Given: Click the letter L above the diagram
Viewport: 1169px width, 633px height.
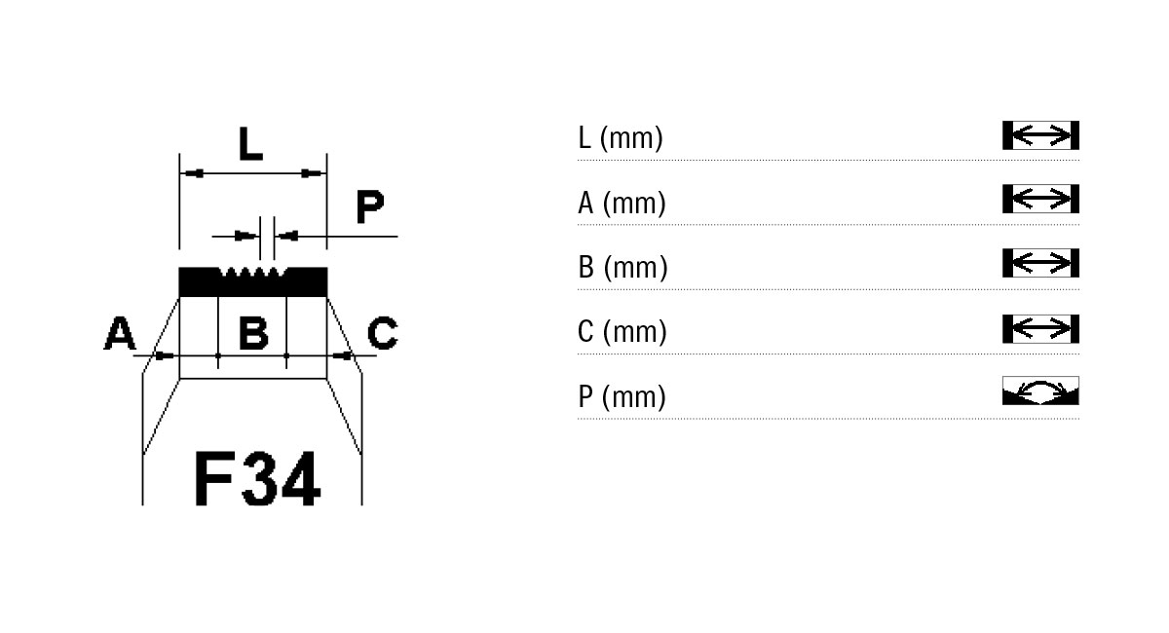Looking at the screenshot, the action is (250, 143).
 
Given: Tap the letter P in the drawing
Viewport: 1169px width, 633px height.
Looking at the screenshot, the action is (370, 206).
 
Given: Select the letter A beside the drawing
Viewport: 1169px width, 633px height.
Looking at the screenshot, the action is (120, 332).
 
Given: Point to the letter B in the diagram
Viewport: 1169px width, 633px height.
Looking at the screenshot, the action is (253, 332).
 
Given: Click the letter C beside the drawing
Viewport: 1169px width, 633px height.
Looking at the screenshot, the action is (383, 332).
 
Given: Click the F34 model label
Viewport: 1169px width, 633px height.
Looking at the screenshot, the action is (257, 478).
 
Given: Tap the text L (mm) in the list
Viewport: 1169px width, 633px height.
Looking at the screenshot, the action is (621, 138).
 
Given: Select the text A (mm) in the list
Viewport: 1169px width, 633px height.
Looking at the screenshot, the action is (622, 203).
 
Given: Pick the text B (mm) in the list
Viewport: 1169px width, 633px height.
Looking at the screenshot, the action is (622, 267).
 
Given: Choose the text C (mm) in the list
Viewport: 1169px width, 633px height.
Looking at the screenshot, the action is (622, 331).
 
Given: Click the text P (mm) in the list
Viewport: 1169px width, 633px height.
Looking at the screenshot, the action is (622, 396).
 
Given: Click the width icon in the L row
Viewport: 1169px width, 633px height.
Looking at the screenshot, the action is (1040, 135).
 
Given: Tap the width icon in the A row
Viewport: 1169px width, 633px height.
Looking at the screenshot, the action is (1040, 199).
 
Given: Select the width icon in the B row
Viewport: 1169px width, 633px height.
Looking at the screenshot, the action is (1040, 263).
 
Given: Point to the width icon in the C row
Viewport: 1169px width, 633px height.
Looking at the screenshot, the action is (1040, 329).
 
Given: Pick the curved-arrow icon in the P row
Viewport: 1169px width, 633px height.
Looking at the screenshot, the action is (1040, 391).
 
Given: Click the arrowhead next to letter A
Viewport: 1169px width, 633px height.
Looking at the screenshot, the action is (165, 355).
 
